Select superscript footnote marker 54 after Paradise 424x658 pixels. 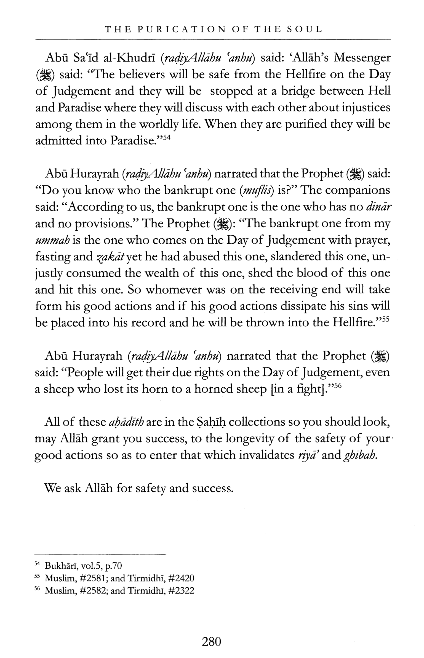pyautogui.click(x=167, y=137)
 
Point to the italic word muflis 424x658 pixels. pyautogui.click(x=257, y=190)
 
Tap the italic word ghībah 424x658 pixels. pyautogui.click(x=360, y=455)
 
